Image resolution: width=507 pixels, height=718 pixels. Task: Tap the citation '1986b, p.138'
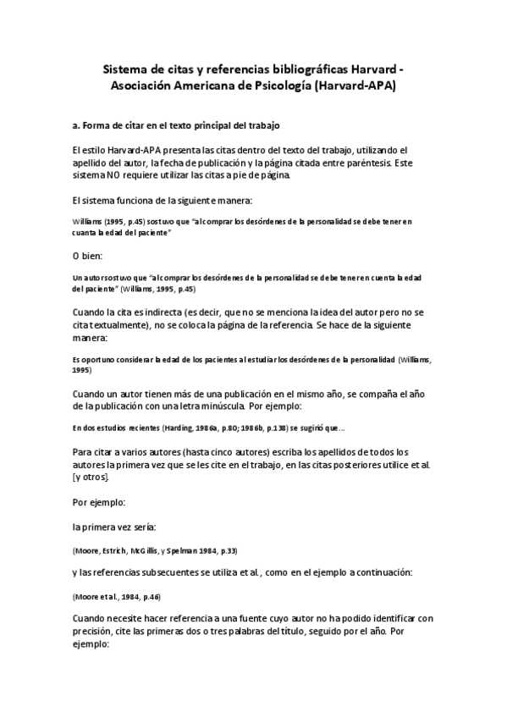[245, 427]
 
